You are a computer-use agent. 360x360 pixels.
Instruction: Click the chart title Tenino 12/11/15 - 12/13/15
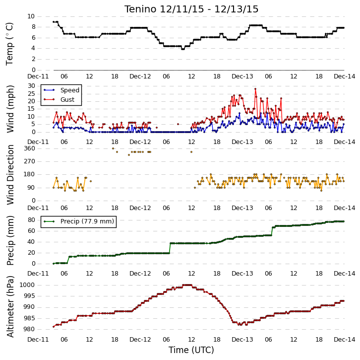(x=191, y=9)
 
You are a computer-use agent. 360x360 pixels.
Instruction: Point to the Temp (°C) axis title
(x=9, y=44)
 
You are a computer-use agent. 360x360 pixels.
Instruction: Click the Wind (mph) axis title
(x=10, y=109)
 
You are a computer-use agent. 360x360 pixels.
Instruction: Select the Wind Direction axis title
(x=10, y=175)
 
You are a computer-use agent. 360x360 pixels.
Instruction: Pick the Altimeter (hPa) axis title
(x=10, y=307)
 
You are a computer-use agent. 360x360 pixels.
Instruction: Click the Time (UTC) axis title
(x=191, y=350)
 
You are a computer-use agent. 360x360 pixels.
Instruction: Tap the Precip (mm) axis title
(x=10, y=240)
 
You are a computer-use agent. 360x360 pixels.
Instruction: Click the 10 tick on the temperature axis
(x=31, y=16)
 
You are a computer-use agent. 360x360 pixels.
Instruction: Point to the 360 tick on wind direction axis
(x=29, y=148)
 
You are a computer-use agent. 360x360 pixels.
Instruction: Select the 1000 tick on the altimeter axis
(x=27, y=285)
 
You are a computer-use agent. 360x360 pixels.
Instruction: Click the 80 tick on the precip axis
(x=31, y=220)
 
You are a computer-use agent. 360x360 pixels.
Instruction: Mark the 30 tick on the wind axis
(x=31, y=86)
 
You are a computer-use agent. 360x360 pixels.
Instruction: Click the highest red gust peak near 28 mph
(x=255, y=89)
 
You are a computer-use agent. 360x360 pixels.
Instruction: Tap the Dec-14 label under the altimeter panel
(x=345, y=340)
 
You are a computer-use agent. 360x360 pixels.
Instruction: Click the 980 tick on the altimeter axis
(x=29, y=329)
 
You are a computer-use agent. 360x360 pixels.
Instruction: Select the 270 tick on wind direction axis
(x=29, y=161)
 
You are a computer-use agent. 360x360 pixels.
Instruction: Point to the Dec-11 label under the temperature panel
(x=38, y=76)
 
